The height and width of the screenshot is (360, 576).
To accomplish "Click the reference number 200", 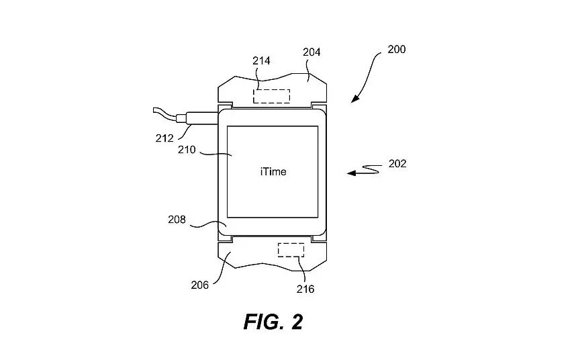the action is point(396,49).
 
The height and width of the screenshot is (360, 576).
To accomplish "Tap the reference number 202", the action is point(397,163).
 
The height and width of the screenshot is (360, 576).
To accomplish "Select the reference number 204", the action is point(311,52).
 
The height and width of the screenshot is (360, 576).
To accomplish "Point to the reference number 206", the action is point(200,285).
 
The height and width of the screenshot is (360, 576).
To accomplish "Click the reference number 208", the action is point(177,220).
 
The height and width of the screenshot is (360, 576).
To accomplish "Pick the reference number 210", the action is point(187,150).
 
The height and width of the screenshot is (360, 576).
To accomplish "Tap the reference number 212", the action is point(164,138).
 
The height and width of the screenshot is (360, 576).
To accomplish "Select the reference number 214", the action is point(261,60).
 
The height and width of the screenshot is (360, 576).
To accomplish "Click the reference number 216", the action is point(305,289).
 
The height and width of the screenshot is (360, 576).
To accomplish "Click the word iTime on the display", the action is point(273,171).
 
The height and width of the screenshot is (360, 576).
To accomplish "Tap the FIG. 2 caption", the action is point(273,322).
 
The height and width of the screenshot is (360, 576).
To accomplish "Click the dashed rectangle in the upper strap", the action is point(271,96).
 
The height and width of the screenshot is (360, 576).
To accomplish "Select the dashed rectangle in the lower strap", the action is point(291,250).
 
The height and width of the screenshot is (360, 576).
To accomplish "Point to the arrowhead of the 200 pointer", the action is point(354,99).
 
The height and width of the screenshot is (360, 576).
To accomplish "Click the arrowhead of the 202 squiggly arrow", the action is point(351,173).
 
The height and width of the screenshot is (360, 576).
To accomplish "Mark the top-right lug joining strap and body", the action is point(319,106).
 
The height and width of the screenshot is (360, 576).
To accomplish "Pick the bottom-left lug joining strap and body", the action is point(226,239).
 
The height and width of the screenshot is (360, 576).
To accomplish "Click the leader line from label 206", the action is point(223,269).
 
